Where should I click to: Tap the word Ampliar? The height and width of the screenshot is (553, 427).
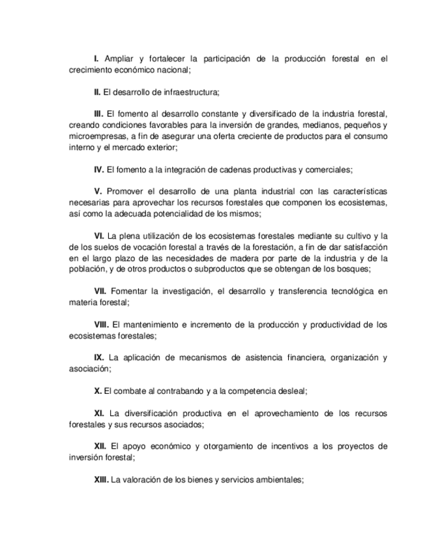[119, 59]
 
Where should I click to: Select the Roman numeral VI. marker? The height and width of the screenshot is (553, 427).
[100, 236]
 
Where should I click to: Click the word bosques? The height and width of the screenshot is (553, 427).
[353, 269]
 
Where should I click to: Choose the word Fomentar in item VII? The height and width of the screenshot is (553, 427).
[131, 291]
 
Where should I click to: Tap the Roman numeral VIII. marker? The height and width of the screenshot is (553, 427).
[102, 325]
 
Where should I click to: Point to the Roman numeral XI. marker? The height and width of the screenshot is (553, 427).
[100, 413]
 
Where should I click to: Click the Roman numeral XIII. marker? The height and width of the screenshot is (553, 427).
[101, 480]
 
